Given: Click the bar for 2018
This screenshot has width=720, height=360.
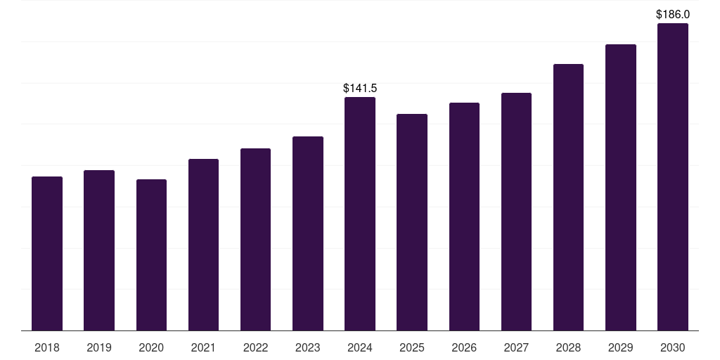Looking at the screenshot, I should [47, 253].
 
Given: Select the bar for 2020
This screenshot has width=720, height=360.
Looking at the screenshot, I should [151, 255].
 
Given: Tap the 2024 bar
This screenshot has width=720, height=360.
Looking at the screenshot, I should [360, 214].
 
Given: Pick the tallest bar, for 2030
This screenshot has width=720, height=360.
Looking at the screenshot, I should [673, 177].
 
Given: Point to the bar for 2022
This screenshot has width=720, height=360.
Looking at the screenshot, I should [255, 239].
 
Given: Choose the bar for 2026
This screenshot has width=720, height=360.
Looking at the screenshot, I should [464, 217].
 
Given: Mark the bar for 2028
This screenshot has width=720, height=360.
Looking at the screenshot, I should [568, 197].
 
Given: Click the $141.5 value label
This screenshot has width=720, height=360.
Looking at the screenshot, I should [360, 89].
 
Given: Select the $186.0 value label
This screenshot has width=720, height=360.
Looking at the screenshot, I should [673, 14].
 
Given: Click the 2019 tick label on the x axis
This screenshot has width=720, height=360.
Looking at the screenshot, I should [99, 347].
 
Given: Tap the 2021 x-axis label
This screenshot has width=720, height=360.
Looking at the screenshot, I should [203, 347].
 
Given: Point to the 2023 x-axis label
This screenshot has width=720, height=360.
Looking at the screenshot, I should [308, 347].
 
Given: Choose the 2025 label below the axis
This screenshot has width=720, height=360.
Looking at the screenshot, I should [412, 347].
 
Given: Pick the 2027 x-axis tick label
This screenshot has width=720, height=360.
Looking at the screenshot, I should [516, 347].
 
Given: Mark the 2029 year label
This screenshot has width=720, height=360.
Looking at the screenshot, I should [621, 347].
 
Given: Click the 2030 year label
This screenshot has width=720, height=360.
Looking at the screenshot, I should [673, 347].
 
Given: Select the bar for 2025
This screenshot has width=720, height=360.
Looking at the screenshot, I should [412, 222].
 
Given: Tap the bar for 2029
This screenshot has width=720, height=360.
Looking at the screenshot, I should [621, 187].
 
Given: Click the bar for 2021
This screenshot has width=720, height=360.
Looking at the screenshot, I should [203, 245].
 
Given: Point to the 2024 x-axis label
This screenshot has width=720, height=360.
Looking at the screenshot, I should [360, 347].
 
